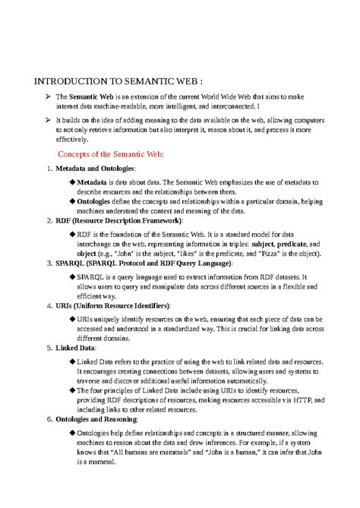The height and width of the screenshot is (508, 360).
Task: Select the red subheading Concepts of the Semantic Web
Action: [x=111, y=154]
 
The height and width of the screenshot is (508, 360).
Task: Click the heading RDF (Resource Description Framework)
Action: [x=119, y=221]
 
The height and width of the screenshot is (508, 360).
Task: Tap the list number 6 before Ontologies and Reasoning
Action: [x=49, y=419]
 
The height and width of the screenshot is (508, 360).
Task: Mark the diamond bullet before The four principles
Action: [x=72, y=390]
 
